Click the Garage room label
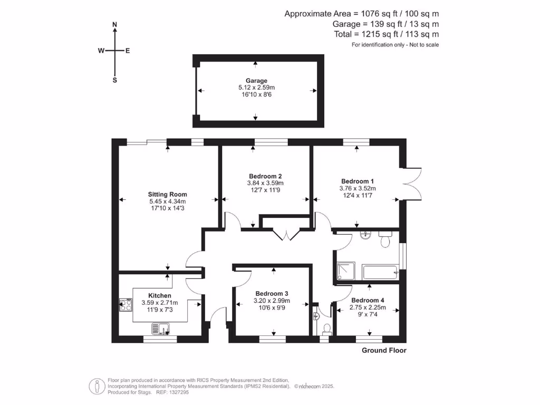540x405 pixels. click(256, 81)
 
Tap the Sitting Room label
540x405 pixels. click(168, 194)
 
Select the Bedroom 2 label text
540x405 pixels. click(266, 176)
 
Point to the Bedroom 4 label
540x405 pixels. click(369, 301)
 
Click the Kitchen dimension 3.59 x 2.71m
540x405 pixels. click(160, 303)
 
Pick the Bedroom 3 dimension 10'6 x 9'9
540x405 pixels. click(272, 308)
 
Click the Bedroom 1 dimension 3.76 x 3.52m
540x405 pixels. click(358, 188)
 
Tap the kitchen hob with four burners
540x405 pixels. click(126, 305)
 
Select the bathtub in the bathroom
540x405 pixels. click(380, 273)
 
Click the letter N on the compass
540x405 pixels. click(114, 24)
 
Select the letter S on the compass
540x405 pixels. click(114, 80)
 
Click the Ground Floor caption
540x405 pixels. click(384, 350)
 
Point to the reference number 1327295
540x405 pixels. click(178, 392)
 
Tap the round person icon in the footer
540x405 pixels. click(95, 385)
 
